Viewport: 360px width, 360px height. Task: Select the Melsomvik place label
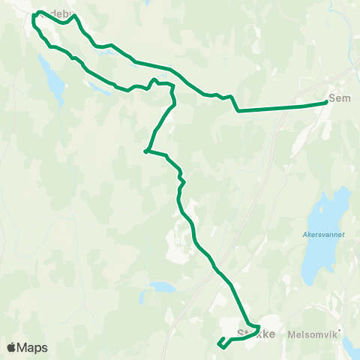pyautogui.click(x=310, y=337)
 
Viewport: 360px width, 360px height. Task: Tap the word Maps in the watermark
pyautogui.click(x=32, y=347)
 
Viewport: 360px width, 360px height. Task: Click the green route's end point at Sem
pyautogui.click(x=326, y=103)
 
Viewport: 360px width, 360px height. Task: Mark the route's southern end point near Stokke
pyautogui.click(x=219, y=345)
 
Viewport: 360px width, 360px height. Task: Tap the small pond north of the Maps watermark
pyautogui.click(x=161, y=286)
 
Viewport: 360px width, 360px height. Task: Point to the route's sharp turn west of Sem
pyautogui.click(x=238, y=111)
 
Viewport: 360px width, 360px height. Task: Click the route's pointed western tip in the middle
pyautogui.click(x=145, y=151)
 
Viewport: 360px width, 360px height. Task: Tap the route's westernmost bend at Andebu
pyautogui.click(x=34, y=16)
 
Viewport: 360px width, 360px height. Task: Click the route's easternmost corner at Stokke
pyautogui.click(x=259, y=328)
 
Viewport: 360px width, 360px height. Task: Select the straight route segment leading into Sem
pyautogui.click(x=281, y=108)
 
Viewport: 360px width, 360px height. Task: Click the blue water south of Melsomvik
pyautogui.click(x=352, y=346)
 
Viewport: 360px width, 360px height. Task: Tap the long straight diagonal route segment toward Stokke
pyautogui.click(x=232, y=289)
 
